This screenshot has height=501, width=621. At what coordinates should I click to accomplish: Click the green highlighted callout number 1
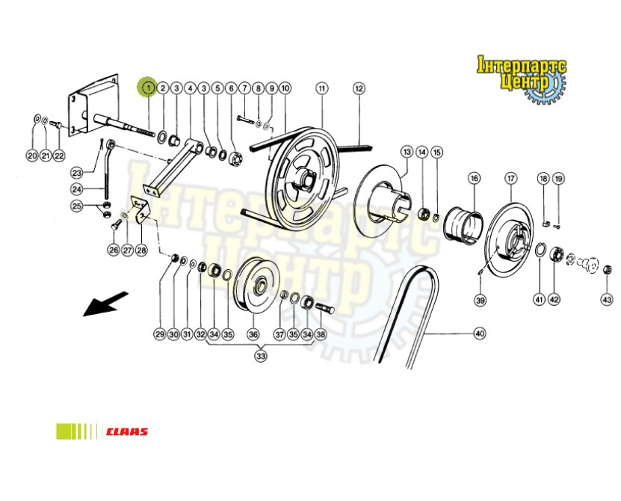point(148,87)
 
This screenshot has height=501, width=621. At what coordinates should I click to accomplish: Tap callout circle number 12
point(359,88)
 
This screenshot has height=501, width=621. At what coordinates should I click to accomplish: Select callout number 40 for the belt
point(480,334)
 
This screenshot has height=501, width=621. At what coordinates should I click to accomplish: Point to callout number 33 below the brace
point(260,356)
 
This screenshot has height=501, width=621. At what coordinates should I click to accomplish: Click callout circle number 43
point(607,299)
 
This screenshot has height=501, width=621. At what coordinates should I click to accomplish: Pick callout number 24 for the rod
point(77,189)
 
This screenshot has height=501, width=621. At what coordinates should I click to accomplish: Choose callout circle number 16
point(474,179)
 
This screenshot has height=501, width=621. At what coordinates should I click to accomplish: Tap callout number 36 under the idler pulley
point(253,334)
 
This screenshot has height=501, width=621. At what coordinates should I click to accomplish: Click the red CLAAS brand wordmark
point(127,431)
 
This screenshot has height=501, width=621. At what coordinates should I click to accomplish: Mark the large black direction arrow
point(106,304)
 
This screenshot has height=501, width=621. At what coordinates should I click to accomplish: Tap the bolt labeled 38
point(325,307)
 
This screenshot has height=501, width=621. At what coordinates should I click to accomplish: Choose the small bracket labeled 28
point(140,210)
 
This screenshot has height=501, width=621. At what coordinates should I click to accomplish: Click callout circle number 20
point(32,156)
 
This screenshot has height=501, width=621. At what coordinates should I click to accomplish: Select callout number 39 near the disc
point(480,300)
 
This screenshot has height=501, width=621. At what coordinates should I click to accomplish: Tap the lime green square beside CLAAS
point(64,431)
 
